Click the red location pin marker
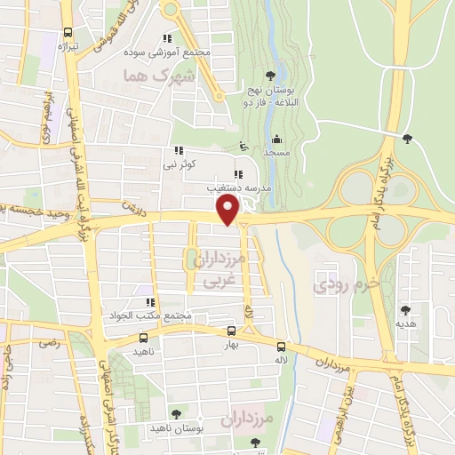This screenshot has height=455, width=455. (228, 211)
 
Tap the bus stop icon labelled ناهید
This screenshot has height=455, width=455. (144, 338)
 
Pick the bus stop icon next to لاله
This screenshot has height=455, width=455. (281, 347)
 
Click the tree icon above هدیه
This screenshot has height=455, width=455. (406, 310)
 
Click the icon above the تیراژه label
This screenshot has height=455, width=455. (63, 29)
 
